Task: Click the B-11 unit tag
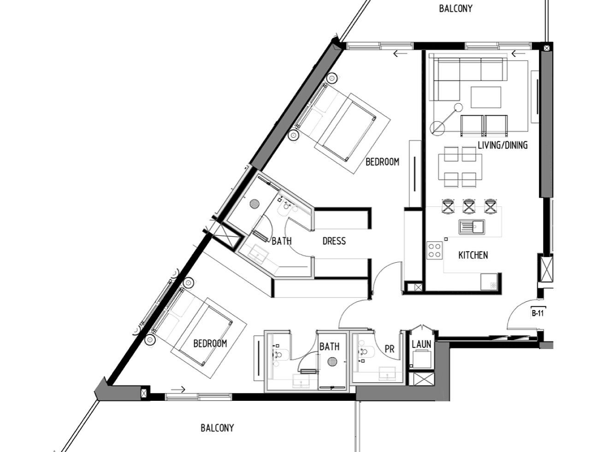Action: (x=538, y=313)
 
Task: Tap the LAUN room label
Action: (x=421, y=344)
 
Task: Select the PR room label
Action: (x=390, y=349)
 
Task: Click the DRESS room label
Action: (x=334, y=241)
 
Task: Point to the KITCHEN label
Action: (x=473, y=255)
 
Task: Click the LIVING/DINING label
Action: (x=502, y=145)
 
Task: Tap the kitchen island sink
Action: (x=472, y=227)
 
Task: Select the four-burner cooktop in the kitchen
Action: (x=435, y=250)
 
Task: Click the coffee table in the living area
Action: (x=486, y=97)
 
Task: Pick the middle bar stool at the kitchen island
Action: (x=469, y=206)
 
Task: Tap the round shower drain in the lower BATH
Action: (x=332, y=362)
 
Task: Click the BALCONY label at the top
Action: (x=456, y=8)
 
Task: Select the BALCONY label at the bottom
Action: (x=217, y=428)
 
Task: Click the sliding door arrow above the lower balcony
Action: (x=178, y=389)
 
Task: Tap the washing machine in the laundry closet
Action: (x=422, y=359)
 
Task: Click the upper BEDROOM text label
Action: (x=382, y=162)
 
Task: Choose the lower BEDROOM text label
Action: (x=210, y=343)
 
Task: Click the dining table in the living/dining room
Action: (x=460, y=167)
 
